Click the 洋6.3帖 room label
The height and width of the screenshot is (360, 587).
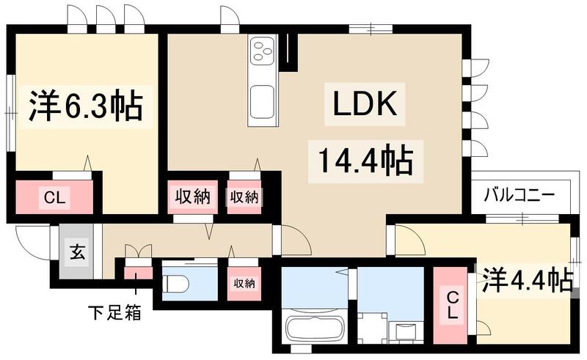coord(87,108)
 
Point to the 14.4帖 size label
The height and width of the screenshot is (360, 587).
coord(365,159)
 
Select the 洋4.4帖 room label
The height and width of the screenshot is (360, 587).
coord(526,280)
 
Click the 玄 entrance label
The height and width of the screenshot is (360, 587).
coord(76,252)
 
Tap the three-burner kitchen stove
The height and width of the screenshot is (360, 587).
coord(262,52)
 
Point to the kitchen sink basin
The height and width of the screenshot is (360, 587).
coord(261,100)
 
